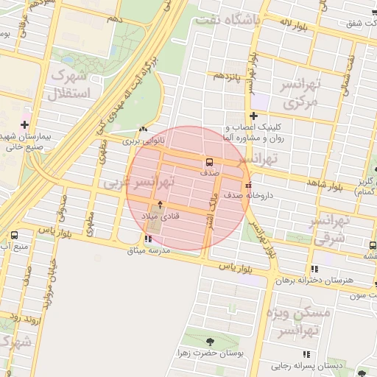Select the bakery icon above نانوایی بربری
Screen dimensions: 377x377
tap(142, 130)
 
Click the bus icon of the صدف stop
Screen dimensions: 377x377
tap(210, 161)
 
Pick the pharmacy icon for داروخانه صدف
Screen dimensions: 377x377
tap(248, 185)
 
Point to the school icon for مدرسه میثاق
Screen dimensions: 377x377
tap(148, 238)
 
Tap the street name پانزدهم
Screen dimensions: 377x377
tap(228, 77)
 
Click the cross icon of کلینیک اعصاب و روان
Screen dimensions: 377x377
tap(253, 116)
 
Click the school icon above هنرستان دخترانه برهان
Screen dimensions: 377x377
tap(316, 270)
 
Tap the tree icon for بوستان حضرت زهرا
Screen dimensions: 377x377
tap(211, 341)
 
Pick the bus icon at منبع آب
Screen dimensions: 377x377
tap(14, 236)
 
